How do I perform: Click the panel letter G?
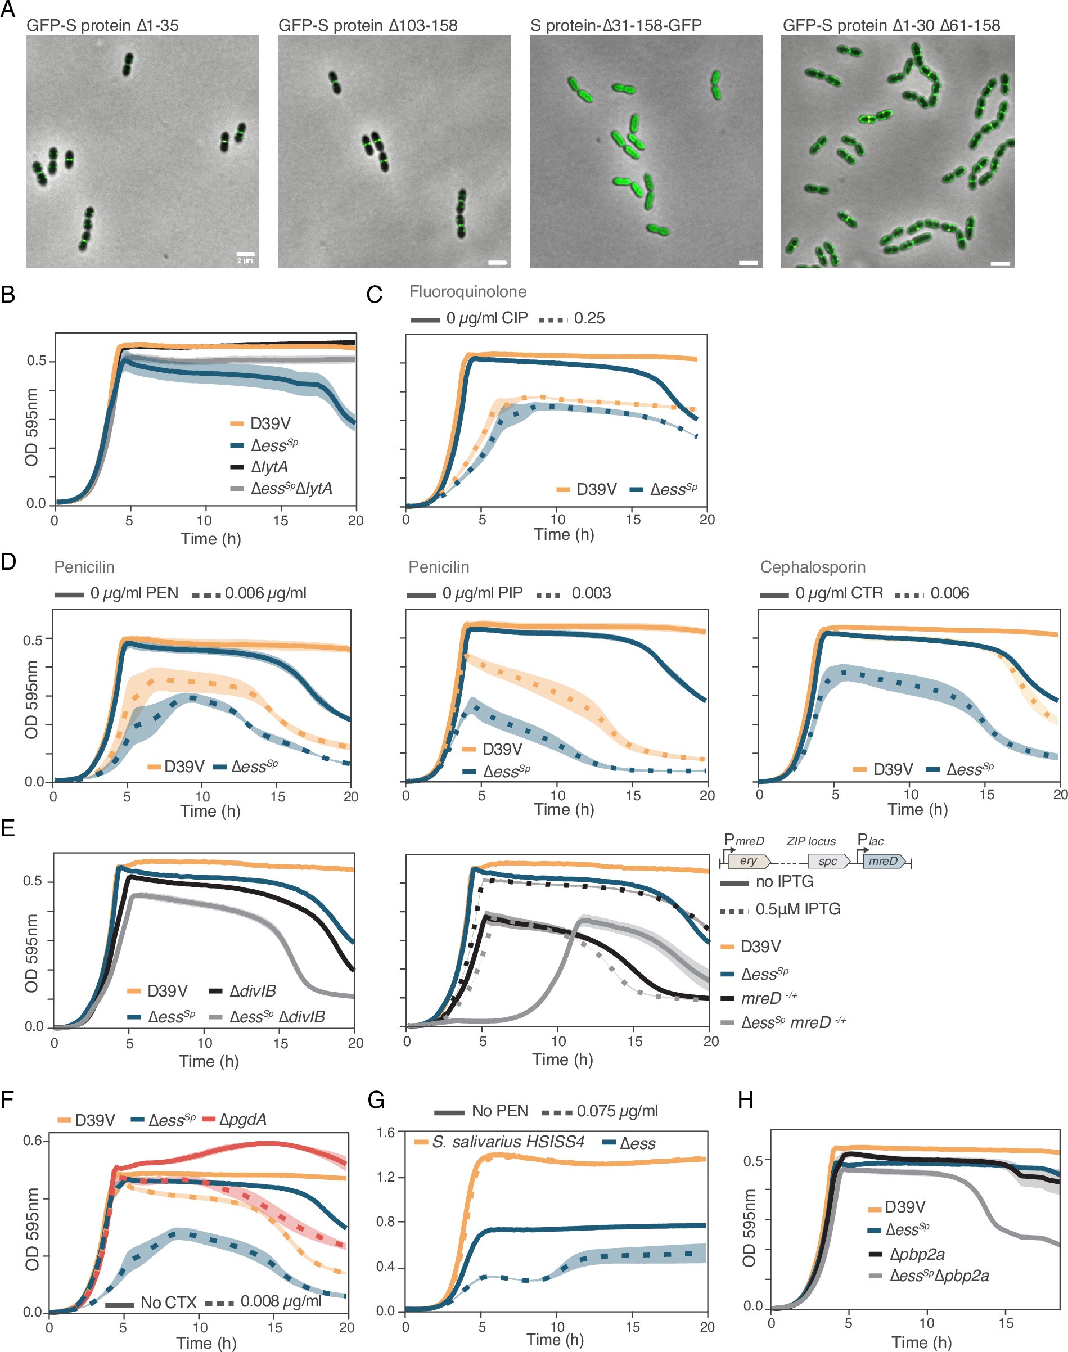pos(376,1100)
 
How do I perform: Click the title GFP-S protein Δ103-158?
pos(368,26)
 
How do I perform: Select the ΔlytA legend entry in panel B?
pos(269,467)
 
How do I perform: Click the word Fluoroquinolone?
pos(468,291)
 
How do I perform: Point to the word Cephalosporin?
pos(813,567)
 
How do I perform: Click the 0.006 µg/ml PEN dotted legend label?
pos(265,593)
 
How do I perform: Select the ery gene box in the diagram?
pos(749,861)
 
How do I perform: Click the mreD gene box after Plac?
pos(883,861)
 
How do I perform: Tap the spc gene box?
pos(827,861)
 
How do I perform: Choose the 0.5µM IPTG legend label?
pos(797,909)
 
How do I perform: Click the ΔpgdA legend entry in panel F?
pos(242,1119)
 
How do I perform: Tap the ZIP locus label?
pos(810,842)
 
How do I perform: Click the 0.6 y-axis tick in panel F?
pos(33,1141)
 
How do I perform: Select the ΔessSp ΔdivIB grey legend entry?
pos(277,1017)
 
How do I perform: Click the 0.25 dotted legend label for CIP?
pos(589,318)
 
